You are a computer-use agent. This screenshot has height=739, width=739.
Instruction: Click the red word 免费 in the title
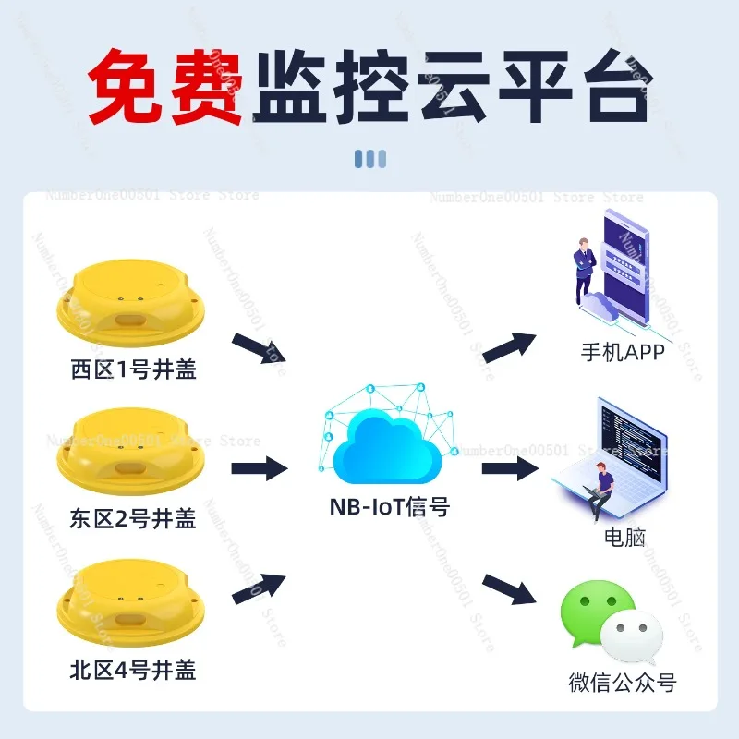[x=165, y=86]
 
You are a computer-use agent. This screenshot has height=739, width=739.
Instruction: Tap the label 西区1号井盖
[x=133, y=369]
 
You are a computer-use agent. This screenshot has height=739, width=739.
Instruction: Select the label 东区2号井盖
[x=133, y=519]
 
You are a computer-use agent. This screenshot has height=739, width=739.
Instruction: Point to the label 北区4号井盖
[x=133, y=669]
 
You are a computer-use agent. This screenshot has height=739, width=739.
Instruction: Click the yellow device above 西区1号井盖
[x=131, y=303]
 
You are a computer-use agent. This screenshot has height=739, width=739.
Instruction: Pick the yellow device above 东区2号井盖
[x=131, y=452]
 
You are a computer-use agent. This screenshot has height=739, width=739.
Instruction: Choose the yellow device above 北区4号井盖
[x=131, y=603]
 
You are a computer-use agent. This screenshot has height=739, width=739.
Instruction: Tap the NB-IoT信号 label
[x=389, y=507]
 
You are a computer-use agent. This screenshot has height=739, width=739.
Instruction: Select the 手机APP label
[x=623, y=352]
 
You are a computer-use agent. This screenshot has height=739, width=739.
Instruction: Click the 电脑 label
[x=624, y=537]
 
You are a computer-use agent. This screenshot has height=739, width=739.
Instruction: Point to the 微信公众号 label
[x=623, y=682]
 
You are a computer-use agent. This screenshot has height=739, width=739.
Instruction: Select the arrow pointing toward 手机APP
[x=510, y=347]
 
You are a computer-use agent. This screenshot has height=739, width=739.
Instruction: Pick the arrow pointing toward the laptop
[x=511, y=468]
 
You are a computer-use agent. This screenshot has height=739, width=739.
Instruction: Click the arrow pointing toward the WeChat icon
[x=510, y=589]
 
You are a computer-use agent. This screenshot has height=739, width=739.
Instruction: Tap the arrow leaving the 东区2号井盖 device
[x=260, y=468]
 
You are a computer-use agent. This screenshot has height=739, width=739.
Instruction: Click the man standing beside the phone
[x=584, y=271]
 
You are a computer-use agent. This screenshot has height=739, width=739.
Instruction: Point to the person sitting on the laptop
[x=599, y=491]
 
